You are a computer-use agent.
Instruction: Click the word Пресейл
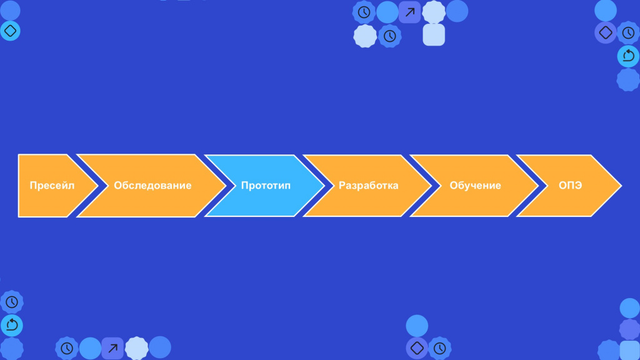point(52,186)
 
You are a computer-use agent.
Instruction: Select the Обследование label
point(152,186)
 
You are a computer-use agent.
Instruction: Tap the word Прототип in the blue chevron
point(266,186)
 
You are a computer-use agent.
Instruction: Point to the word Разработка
point(368,186)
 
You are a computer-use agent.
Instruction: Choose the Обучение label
point(475,186)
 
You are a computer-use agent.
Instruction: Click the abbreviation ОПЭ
point(570,186)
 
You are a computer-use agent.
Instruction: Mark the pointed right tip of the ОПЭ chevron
point(621,186)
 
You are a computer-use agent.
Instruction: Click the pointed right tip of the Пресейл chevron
point(98,186)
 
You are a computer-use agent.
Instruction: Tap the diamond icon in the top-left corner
point(10,31)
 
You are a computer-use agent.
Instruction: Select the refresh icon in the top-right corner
point(628,56)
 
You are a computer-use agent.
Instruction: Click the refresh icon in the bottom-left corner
point(12,325)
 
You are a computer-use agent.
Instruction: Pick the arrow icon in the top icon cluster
point(410,12)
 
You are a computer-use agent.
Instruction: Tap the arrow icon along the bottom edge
point(112,348)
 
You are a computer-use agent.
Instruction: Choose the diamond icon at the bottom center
point(417,348)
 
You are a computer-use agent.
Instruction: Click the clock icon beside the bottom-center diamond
point(439,348)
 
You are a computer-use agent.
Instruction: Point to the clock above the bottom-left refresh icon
point(12,302)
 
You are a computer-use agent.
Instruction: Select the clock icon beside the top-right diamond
point(628,32)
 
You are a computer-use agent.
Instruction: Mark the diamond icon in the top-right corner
point(606,32)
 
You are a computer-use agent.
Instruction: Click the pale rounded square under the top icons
point(434,35)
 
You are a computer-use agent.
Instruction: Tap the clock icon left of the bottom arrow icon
point(66,348)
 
